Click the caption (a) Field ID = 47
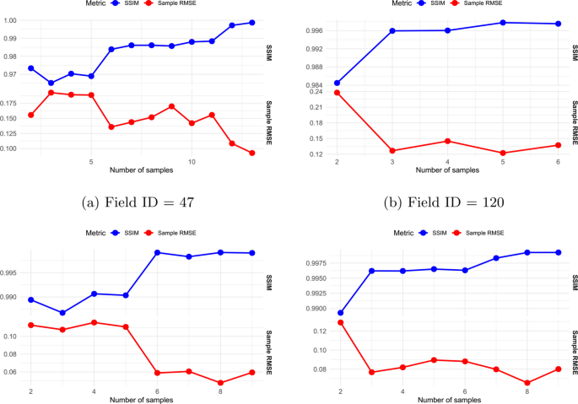[138, 202]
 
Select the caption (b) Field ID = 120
[444, 202]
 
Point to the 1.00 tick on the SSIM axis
[10, 20]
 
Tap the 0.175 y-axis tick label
[8, 103]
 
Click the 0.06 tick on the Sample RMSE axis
[10, 372]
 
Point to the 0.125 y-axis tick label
[8, 133]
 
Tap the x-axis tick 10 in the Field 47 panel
[192, 162]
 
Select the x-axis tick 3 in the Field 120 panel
[392, 162]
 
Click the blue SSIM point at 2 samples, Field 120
[337, 83]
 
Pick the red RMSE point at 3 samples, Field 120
[392, 151]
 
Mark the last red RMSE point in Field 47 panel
[252, 153]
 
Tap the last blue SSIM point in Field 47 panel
[252, 23]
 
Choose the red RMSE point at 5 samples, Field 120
[503, 153]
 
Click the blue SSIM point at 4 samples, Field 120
[447, 30]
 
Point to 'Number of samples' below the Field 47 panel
[142, 170]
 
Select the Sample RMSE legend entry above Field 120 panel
[478, 3]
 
